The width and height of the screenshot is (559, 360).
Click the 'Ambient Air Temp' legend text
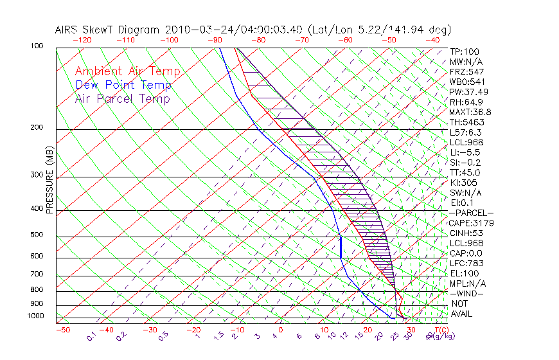tap(127, 71)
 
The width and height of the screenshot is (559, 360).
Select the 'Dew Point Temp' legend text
tap(123, 85)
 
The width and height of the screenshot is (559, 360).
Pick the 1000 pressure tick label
tap(36, 316)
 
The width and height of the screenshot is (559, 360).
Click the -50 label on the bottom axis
tap(63, 330)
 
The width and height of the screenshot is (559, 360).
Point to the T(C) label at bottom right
tap(441, 330)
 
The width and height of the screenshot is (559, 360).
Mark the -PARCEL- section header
tap(471, 213)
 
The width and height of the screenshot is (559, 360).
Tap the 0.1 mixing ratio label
tap(92, 335)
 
